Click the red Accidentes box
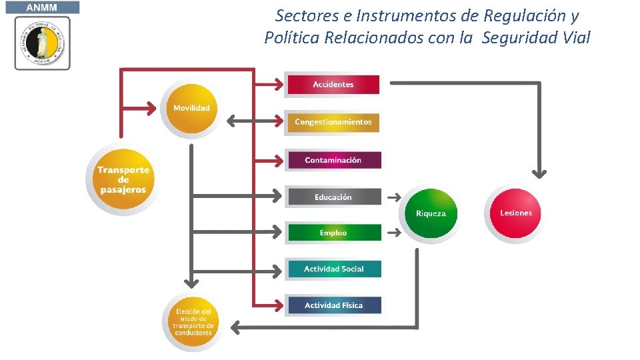click(333, 85)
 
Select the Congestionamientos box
click(333, 123)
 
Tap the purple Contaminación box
click(333, 160)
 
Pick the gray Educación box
click(333, 197)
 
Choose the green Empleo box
click(333, 233)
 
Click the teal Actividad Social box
click(333, 269)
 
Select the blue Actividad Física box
click(333, 305)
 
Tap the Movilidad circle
click(191, 109)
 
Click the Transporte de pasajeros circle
click(123, 179)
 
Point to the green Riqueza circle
click(431, 213)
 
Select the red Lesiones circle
click(515, 213)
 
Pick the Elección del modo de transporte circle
click(193, 321)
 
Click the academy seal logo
click(43, 43)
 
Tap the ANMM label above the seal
click(43, 7)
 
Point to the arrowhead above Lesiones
click(539, 173)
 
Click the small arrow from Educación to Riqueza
click(394, 197)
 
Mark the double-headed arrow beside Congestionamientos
click(254, 121)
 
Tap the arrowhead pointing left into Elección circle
click(235, 327)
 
